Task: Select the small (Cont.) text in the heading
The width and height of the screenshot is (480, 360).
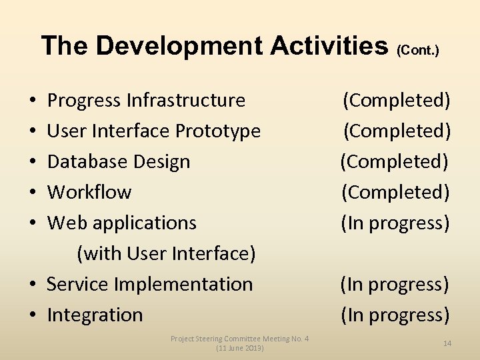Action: tap(418, 51)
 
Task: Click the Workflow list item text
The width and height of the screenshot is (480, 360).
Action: tap(89, 193)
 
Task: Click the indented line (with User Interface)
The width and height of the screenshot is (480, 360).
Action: tap(166, 254)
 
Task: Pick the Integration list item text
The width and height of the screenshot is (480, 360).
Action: tap(95, 315)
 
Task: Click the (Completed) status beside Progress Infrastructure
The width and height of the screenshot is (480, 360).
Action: tap(396, 101)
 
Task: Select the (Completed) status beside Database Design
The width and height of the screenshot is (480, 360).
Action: tap(394, 162)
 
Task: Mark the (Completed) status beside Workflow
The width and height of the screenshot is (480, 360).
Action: tap(395, 193)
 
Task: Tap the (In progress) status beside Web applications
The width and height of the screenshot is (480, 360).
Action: tap(395, 223)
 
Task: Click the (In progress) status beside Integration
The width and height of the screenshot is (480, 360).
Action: tap(395, 315)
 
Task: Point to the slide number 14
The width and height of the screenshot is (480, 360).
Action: tap(447, 343)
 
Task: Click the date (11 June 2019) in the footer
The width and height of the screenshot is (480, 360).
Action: tap(239, 348)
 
